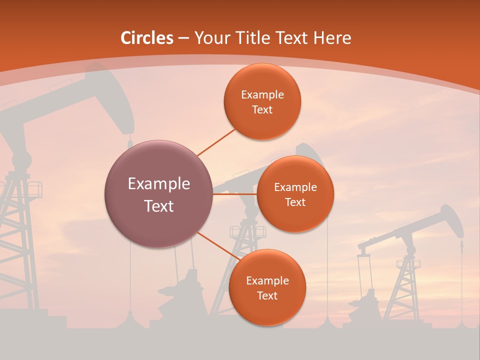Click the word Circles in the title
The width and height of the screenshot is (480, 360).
coord(147,38)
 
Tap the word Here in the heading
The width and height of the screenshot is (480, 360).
coord(332,38)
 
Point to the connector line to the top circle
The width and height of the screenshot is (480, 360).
coord(216,142)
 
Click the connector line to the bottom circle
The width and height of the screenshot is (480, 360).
coord(216,245)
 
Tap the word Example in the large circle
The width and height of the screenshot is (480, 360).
coord(159,184)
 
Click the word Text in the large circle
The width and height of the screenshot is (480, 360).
coord(159,206)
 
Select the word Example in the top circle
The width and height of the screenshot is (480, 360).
coord(262,94)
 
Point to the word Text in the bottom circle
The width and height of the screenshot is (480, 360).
coord(267,295)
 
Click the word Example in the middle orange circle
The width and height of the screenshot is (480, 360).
coord(295,187)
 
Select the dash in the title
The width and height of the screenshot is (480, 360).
coord(183,38)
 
